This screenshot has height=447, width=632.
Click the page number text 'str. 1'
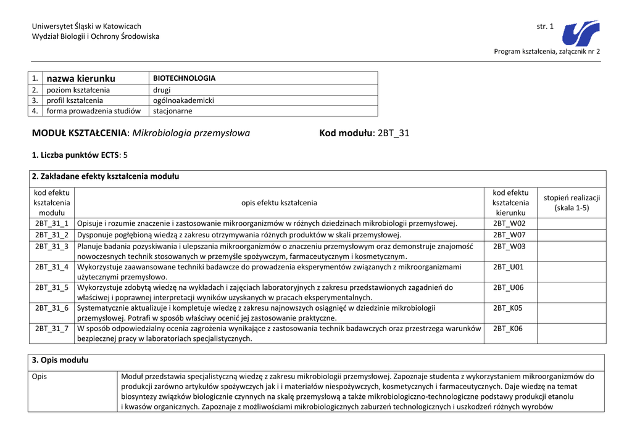click(545, 27)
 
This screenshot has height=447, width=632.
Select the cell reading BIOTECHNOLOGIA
click(185, 78)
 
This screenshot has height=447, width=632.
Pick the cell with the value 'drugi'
click(162, 90)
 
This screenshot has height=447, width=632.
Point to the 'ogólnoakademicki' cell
click(183, 100)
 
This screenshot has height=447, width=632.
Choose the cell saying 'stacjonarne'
click(173, 111)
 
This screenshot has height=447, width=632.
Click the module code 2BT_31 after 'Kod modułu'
click(393, 133)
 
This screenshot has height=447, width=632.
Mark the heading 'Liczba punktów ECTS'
click(76, 155)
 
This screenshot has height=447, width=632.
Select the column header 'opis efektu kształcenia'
click(279, 203)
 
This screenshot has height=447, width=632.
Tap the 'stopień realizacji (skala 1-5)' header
click(572, 203)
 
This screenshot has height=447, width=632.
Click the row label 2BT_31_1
click(52, 223)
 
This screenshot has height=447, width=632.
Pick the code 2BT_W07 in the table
click(509, 235)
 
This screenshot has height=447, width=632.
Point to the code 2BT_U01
click(509, 267)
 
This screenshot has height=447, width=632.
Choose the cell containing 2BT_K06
click(509, 329)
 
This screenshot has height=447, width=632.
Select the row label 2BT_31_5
click(52, 287)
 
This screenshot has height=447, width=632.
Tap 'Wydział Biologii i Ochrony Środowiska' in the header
click(95, 37)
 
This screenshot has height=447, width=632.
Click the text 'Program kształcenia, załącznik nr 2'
click(547, 51)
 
